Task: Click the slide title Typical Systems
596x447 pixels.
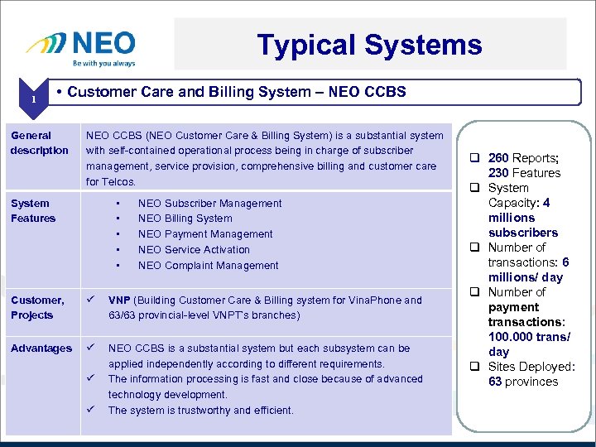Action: point(369,45)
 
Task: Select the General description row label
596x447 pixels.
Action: point(39,142)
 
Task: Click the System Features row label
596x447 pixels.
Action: point(33,210)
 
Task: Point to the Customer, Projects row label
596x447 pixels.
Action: point(37,307)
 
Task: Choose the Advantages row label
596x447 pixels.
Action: point(41,348)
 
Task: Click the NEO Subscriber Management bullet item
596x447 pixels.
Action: point(209,203)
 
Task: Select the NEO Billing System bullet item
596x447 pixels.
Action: point(185,219)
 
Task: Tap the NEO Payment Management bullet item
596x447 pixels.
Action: point(204,234)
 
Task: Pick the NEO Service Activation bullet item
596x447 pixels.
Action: point(194,249)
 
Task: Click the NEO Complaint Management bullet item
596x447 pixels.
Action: point(208,265)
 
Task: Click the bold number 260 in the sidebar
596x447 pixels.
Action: point(498,158)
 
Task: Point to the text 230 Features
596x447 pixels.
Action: point(524,173)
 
